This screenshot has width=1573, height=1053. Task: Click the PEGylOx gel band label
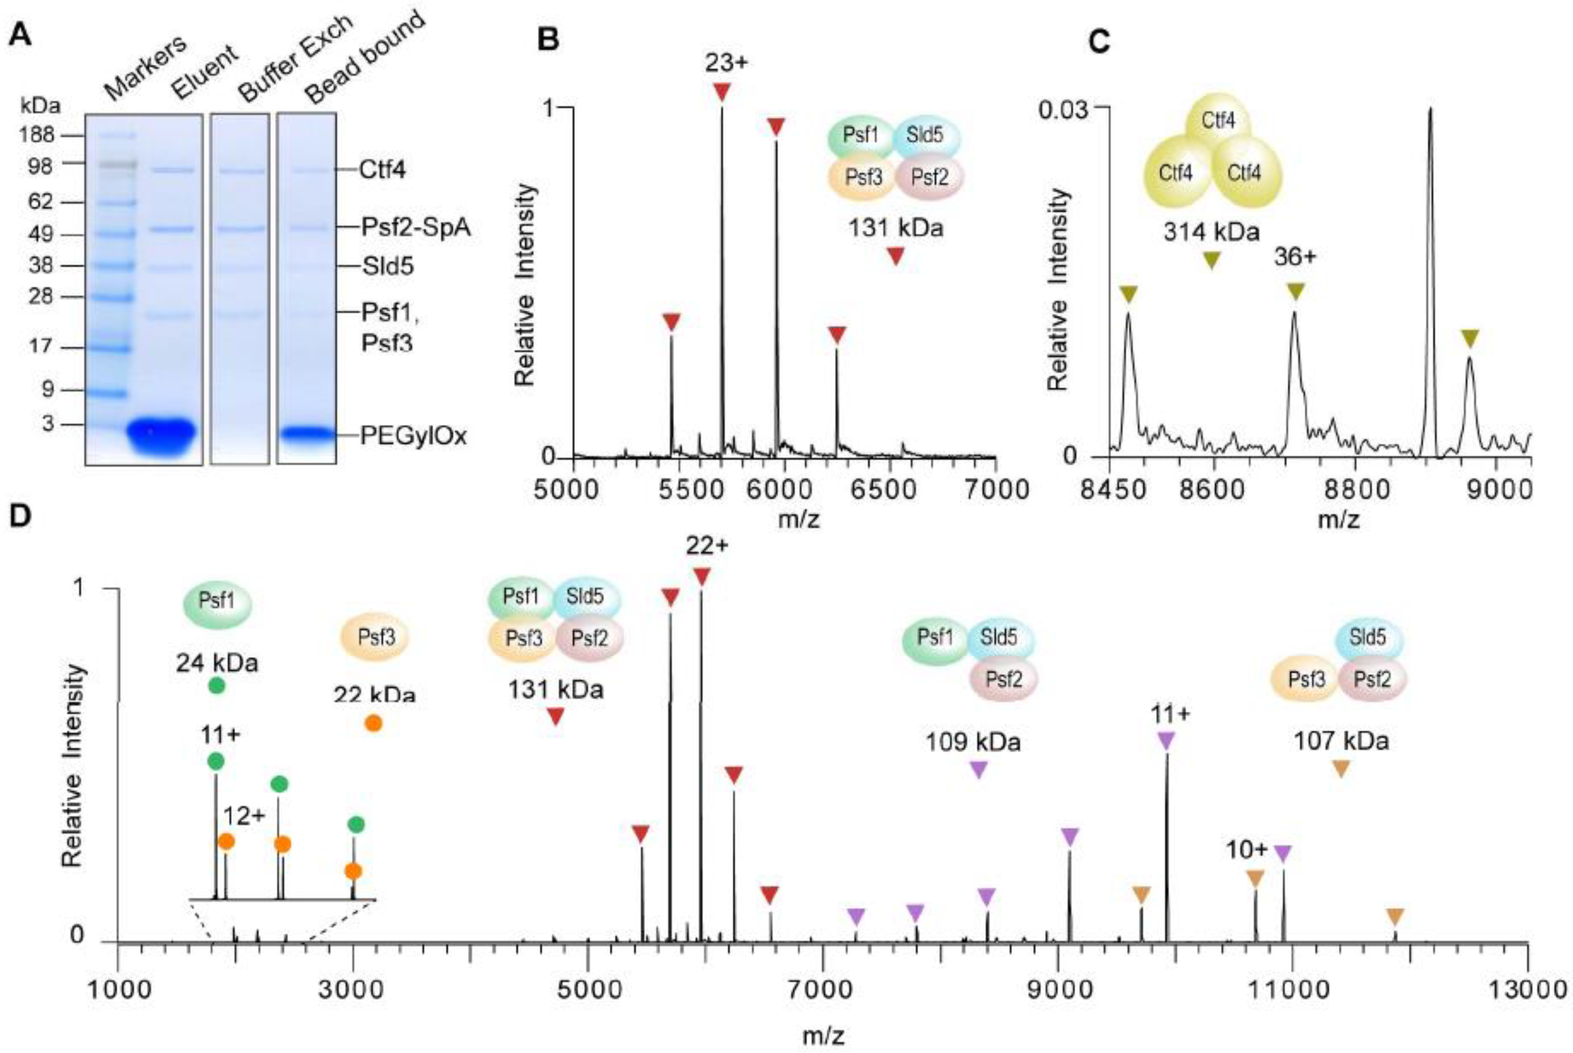click(x=413, y=437)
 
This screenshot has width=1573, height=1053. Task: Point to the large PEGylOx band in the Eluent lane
click(x=161, y=435)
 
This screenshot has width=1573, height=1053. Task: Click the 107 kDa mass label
click(x=1341, y=741)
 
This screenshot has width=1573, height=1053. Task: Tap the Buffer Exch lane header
click(x=296, y=60)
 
